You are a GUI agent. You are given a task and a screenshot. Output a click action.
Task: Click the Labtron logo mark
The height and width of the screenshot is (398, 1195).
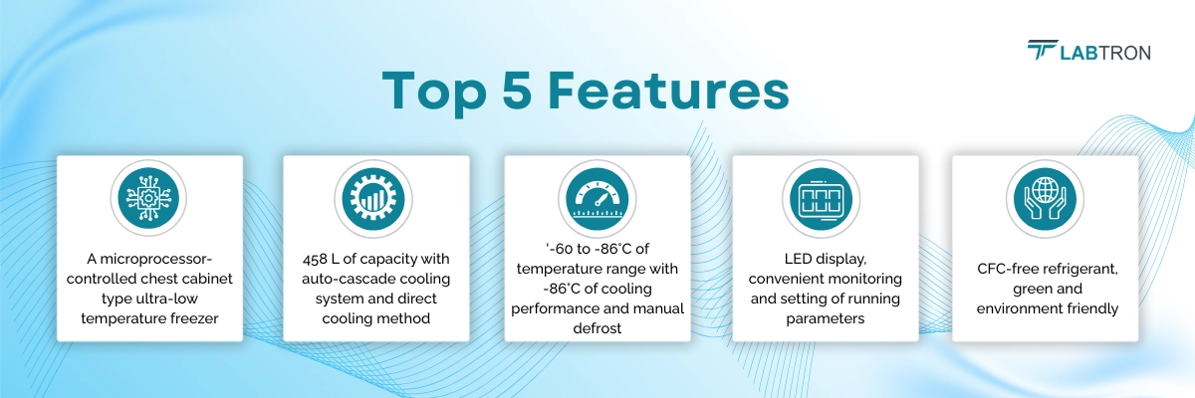tap(1042, 50)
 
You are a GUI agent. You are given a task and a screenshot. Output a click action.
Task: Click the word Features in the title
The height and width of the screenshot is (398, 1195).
tap(668, 91)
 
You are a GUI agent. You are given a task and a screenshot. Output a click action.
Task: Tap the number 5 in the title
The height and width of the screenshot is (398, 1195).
tap(517, 91)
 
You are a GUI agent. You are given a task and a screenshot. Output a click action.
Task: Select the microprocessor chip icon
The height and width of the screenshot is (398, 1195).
tap(148, 198)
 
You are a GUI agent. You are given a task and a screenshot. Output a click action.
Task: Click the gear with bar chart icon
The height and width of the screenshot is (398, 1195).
tap(373, 198)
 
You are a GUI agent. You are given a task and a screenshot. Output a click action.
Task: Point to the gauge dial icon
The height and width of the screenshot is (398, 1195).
tap(597, 198)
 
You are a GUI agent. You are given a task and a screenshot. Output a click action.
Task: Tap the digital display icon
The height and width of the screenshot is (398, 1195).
tap(821, 198)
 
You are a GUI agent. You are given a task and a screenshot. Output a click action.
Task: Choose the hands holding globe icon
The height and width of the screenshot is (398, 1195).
tap(1045, 198)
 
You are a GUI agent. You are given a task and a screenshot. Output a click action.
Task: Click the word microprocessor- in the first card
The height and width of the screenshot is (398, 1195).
tap(155, 259)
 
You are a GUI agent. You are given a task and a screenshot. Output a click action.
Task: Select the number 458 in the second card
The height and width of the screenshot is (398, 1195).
tap(315, 259)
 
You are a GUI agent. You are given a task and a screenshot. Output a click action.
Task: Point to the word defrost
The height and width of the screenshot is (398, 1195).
tap(597, 328)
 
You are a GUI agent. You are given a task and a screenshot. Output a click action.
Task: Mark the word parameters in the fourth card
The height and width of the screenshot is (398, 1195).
tap(826, 318)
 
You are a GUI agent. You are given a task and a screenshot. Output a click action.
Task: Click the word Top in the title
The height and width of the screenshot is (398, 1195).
tap(434, 92)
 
